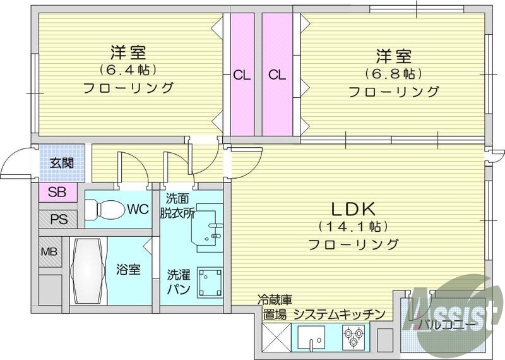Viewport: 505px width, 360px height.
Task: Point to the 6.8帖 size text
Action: pos(394,73)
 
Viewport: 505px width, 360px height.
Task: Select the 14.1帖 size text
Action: pos(353,225)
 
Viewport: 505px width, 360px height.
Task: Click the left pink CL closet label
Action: pos(242,75)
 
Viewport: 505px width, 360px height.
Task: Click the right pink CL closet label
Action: pos(276,75)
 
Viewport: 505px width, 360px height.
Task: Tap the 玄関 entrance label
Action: pos(62,162)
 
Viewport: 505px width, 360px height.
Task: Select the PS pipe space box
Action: pos(58,220)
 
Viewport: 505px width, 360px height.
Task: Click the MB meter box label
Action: pos(49,253)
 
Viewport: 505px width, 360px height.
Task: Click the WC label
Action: pos(137,208)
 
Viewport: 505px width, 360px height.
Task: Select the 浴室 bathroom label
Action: pos(128,270)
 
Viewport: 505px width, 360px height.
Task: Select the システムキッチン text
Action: pos(340,314)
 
